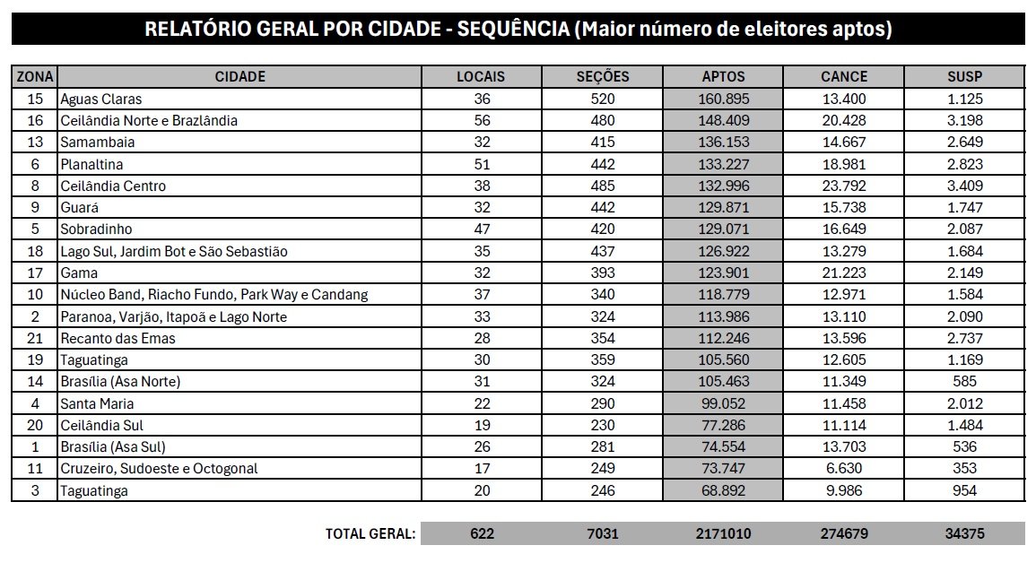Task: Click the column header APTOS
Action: coord(723,76)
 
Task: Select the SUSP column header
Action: coord(964,76)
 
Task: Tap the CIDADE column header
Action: coord(239,76)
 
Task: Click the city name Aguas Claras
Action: coord(100,99)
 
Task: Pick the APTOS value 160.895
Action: coord(723,99)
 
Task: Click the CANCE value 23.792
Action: coord(844,186)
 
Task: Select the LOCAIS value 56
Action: coord(481,120)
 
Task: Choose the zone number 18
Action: coord(35,251)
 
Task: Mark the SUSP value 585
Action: coord(964,382)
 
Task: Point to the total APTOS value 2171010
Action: coord(723,533)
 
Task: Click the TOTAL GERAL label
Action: coord(370,533)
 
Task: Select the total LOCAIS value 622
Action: coord(482,533)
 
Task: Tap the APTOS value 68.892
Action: coord(723,490)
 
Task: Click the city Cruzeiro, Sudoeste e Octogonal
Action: coord(159,469)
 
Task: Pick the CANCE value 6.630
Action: coord(844,469)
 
